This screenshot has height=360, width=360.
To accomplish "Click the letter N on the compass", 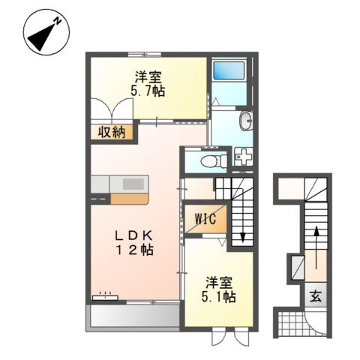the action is click(x=58, y=21).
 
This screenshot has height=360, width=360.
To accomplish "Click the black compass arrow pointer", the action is click(x=40, y=37).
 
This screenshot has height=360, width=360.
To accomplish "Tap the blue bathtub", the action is click(x=229, y=70).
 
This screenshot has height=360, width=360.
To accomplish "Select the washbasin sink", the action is click(x=246, y=121).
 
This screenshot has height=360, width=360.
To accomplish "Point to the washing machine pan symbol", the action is click(x=244, y=156).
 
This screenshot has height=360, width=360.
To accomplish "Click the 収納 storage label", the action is click(x=112, y=132).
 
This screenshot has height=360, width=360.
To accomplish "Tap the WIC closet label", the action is click(x=205, y=219).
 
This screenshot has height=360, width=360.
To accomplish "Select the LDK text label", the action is click(x=133, y=235).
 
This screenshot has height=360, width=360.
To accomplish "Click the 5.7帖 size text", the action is click(x=148, y=91).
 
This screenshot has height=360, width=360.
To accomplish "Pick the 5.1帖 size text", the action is click(x=218, y=297).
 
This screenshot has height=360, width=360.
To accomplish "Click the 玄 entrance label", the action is click(x=316, y=296).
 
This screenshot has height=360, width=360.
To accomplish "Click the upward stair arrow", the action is click(x=316, y=247).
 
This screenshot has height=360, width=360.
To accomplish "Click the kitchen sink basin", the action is click(x=133, y=184).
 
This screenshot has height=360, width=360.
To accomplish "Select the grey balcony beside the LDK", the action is click(x=135, y=317).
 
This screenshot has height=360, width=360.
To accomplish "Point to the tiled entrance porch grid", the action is click(x=292, y=324).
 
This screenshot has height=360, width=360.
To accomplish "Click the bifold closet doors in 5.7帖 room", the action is click(x=112, y=109).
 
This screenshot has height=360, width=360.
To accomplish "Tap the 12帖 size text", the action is click(x=134, y=250).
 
